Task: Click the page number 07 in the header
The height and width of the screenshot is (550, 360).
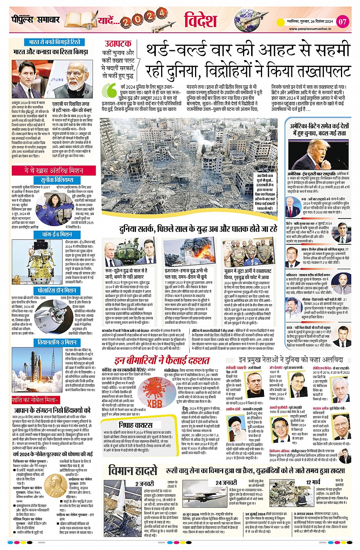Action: (342, 21)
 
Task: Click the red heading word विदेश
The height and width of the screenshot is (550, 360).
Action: (201, 20)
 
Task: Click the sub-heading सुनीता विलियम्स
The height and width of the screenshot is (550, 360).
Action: (57, 180)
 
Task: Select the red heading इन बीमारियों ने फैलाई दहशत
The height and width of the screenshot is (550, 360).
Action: (162, 360)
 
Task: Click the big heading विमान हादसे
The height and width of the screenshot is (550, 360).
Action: (133, 470)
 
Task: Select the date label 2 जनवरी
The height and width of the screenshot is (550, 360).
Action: (144, 484)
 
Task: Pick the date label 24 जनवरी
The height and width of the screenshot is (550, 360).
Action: (226, 483)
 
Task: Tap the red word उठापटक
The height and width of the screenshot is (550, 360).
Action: (118, 44)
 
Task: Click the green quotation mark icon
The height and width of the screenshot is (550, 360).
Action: (111, 91)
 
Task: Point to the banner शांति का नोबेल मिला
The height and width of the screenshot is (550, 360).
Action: (35, 400)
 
